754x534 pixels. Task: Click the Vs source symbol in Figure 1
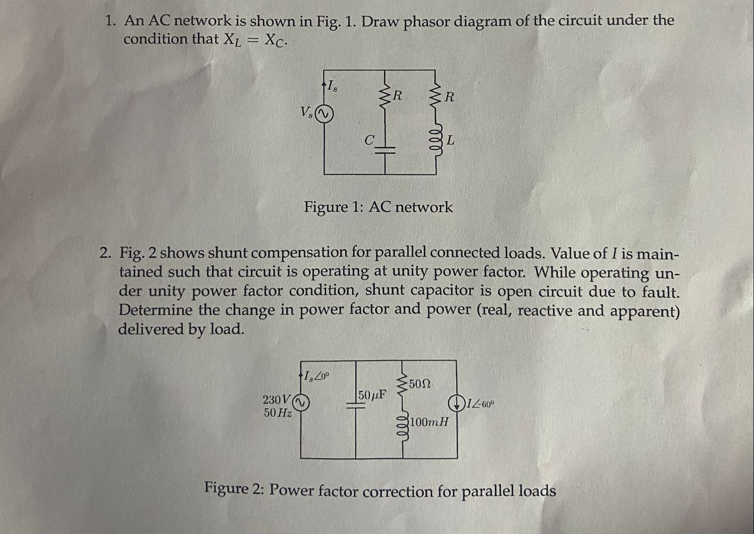click(324, 114)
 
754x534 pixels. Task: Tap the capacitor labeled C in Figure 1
click(385, 150)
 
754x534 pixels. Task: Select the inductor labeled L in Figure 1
click(435, 140)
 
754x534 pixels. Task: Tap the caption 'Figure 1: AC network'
click(378, 207)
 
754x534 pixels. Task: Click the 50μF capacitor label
click(372, 395)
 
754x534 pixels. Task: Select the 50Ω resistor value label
click(419, 384)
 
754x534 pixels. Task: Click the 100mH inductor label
click(429, 422)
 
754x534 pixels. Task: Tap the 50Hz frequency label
click(277, 413)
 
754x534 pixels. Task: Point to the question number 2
click(105, 253)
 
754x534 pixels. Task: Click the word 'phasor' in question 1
click(427, 21)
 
